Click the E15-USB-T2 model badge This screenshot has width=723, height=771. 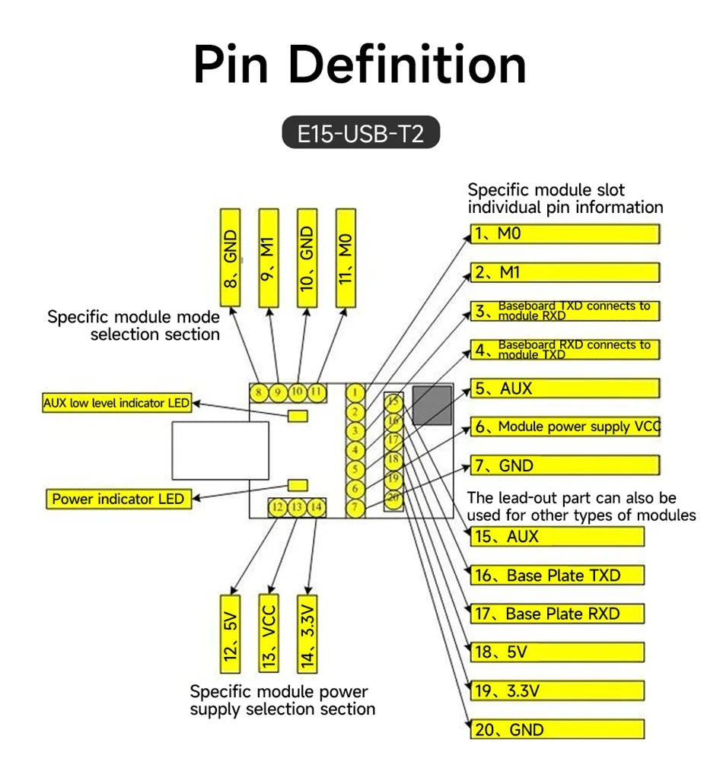(x=360, y=132)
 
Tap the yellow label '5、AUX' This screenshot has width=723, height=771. (x=565, y=389)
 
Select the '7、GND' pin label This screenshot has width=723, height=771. (x=565, y=465)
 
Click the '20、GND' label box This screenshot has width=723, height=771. (x=557, y=729)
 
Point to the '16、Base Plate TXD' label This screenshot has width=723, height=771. (x=557, y=575)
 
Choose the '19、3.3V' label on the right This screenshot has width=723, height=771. (x=557, y=690)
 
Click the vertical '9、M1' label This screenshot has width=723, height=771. (x=268, y=259)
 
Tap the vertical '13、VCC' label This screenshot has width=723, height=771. (x=268, y=634)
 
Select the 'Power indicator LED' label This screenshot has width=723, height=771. (x=118, y=499)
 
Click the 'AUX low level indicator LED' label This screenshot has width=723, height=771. (x=116, y=403)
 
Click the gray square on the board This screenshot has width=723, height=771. (x=432, y=405)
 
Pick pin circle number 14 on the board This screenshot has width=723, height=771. (x=316, y=507)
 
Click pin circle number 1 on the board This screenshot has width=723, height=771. (x=355, y=393)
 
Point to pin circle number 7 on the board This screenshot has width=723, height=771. (x=355, y=507)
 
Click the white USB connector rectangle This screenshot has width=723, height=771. (x=221, y=450)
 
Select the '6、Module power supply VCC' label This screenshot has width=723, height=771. (x=565, y=427)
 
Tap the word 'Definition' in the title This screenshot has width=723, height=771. (x=407, y=65)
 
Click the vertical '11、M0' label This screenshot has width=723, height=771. (x=346, y=259)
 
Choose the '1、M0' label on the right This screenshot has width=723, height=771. (x=565, y=233)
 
